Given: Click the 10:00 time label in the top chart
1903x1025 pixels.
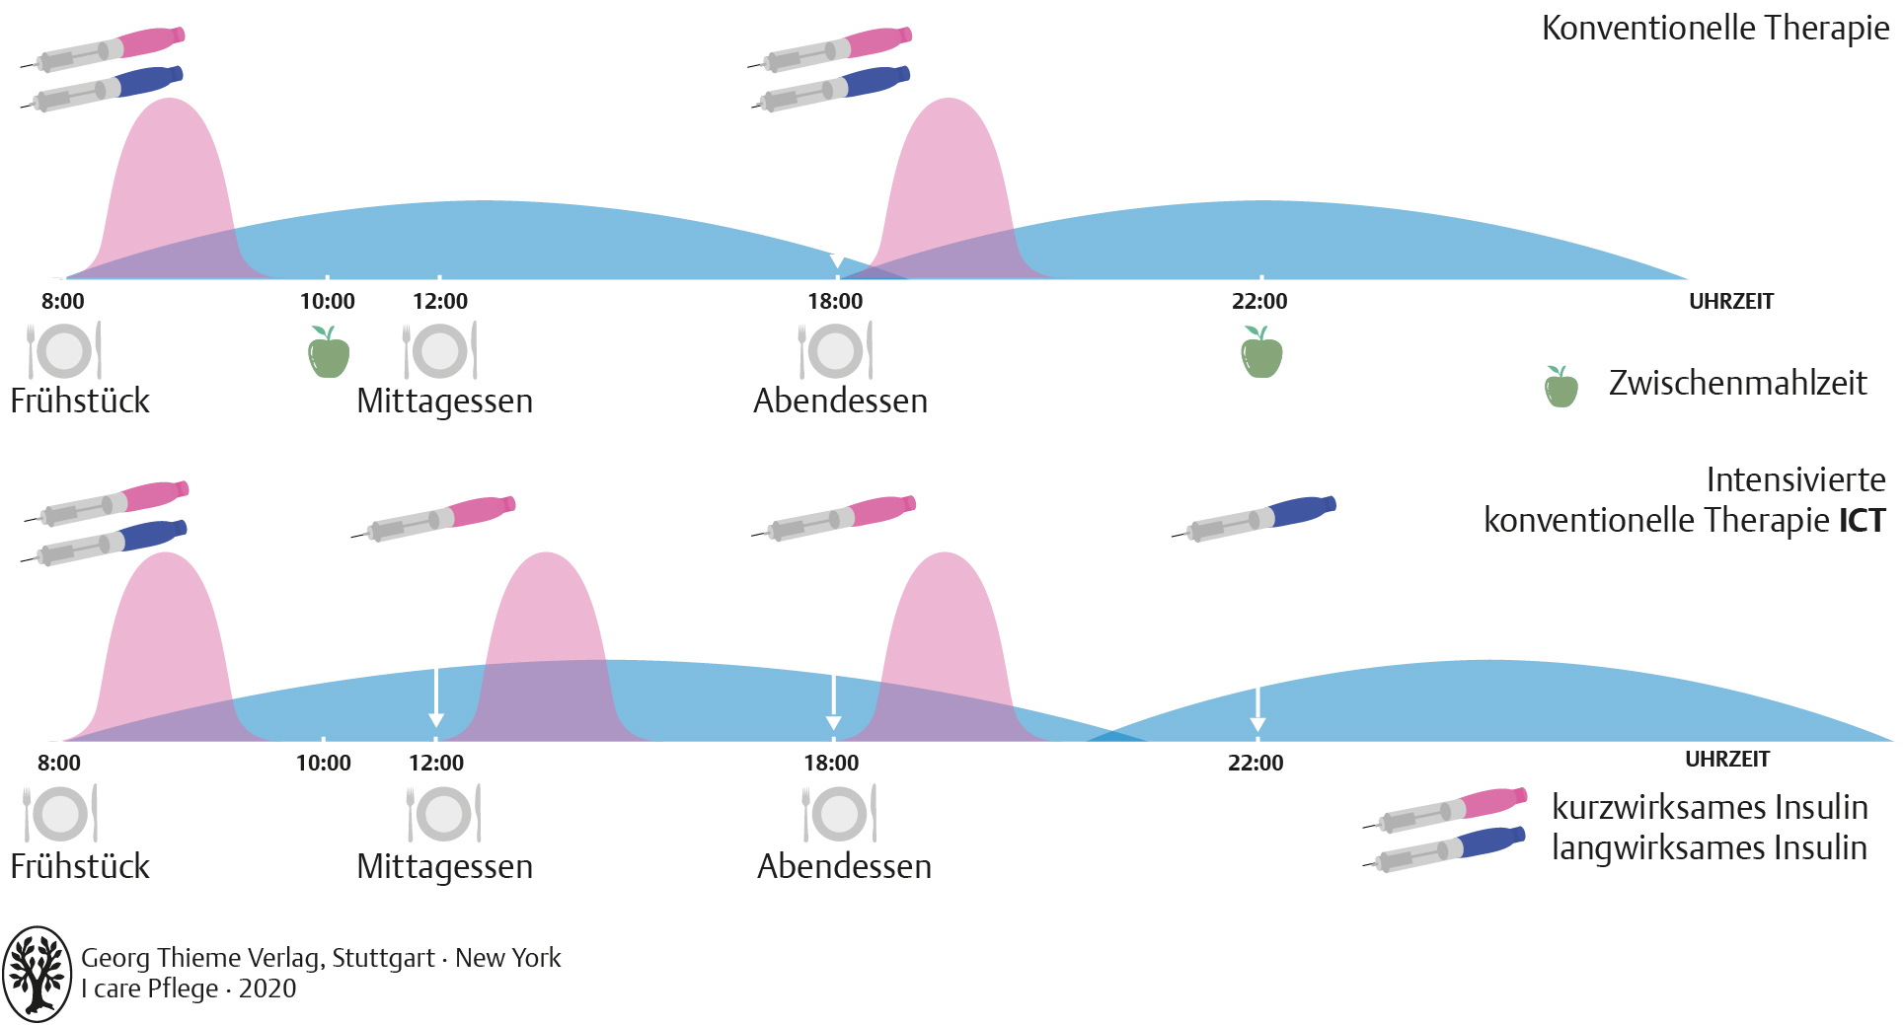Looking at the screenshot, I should click(x=327, y=302).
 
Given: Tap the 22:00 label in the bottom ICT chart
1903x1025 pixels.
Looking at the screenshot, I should click(x=1256, y=763).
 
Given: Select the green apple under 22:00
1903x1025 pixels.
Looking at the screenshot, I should click(x=1261, y=354).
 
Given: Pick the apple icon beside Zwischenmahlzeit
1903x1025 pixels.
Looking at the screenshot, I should click(x=1560, y=387).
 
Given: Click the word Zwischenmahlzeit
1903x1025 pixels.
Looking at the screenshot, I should click(x=1737, y=383).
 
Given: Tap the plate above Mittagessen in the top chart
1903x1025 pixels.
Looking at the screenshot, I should click(x=439, y=351).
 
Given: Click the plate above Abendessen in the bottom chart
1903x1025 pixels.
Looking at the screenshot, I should click(x=839, y=814).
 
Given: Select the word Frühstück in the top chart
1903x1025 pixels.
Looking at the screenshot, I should click(x=80, y=401).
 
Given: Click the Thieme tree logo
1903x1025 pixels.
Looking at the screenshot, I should click(x=37, y=973).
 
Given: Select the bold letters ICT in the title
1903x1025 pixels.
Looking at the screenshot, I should click(x=1862, y=520).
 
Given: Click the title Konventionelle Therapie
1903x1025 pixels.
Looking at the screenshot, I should click(x=1714, y=29).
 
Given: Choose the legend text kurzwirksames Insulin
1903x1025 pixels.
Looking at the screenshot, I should click(x=1710, y=807).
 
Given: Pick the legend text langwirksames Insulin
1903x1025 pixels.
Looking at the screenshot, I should click(x=1709, y=847).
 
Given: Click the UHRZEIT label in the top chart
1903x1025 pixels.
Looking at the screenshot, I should click(x=1730, y=302).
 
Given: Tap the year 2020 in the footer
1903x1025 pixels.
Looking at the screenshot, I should click(x=267, y=988).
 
